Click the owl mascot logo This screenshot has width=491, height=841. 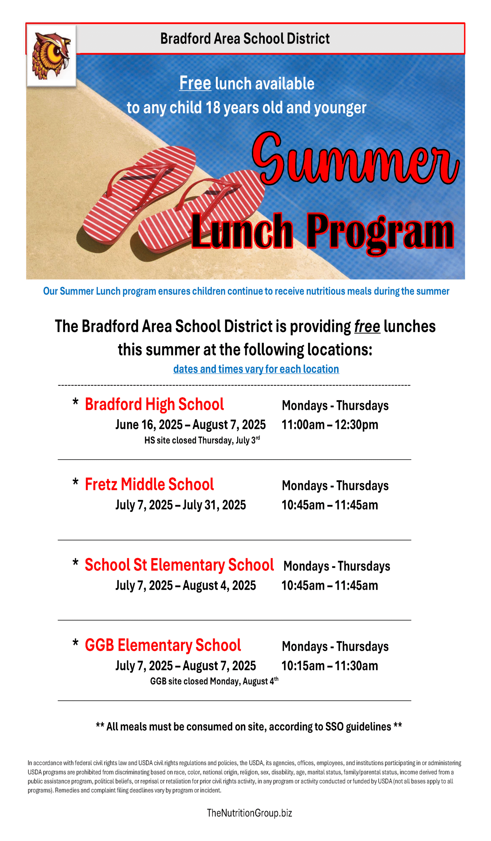coord(51,56)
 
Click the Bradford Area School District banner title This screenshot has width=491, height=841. coord(245,38)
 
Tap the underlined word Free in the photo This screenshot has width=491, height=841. coord(195,83)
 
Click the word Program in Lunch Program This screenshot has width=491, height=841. coord(380,232)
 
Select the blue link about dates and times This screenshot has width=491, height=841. coord(256,369)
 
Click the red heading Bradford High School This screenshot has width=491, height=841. coord(154,404)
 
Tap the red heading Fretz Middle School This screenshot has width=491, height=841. coord(149,484)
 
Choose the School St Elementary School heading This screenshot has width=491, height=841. coord(179,565)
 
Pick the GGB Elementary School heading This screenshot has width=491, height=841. coord(163,645)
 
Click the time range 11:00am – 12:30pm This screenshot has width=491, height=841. coord(330,425)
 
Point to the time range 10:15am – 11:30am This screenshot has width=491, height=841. coord(330,666)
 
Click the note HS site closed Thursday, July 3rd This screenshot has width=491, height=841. coord(202,440)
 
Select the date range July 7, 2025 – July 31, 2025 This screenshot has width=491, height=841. coord(180,505)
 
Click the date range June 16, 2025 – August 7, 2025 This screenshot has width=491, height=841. coord(190,425)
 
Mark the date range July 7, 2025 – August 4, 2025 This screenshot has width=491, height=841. coord(186,585)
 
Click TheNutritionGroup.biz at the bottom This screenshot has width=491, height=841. coord(249,813)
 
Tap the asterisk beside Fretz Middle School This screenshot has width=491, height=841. coord(76,482)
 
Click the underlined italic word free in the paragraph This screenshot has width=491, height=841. coord(367,327)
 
